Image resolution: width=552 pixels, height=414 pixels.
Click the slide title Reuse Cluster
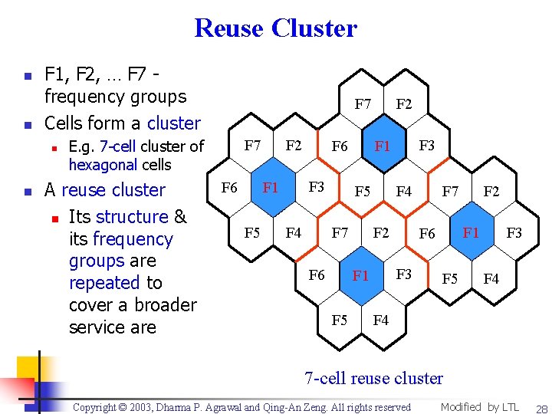276,28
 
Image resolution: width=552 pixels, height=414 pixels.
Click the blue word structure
132,217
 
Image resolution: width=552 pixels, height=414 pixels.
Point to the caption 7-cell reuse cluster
373,378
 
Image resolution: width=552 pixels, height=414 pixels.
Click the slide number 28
541,409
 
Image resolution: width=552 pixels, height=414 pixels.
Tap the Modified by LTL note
480,407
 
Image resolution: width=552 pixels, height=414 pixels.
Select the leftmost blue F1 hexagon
271,187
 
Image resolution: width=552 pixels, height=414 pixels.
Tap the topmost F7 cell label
363,103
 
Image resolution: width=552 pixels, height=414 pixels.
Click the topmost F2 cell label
404,103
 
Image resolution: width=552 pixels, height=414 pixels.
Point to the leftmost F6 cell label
229,187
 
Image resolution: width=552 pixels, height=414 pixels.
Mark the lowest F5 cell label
339,320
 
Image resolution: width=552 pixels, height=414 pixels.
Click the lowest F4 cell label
381,320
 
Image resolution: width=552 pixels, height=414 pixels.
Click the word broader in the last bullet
165,305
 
